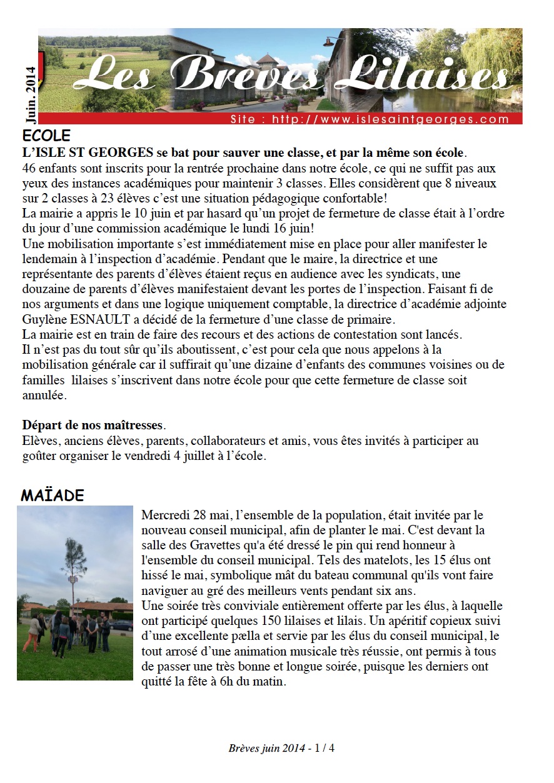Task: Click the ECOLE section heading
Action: click(46, 136)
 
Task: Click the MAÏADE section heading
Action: click(52, 496)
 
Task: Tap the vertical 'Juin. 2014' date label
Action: click(29, 94)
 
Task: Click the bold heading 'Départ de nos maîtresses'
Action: click(93, 426)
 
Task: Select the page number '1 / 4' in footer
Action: click(325, 748)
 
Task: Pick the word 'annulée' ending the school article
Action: click(43, 396)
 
